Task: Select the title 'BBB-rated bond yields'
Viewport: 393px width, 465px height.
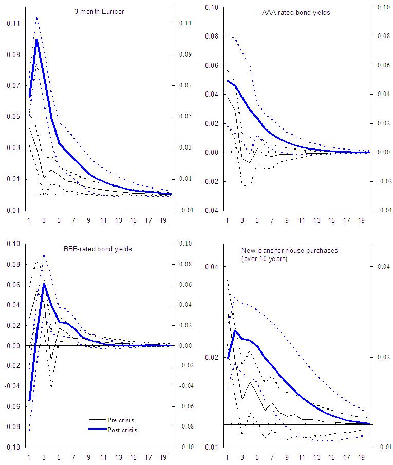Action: click(x=102, y=249)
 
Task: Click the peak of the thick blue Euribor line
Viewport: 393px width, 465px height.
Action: click(x=37, y=40)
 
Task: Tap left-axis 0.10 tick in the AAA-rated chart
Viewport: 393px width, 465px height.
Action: click(x=212, y=7)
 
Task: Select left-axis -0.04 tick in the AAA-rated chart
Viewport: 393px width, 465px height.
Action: click(x=211, y=210)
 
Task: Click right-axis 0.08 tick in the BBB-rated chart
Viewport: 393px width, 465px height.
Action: click(x=184, y=264)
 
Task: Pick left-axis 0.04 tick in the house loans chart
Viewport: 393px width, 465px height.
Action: click(x=212, y=267)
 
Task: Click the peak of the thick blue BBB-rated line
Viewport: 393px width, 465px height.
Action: click(x=44, y=284)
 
